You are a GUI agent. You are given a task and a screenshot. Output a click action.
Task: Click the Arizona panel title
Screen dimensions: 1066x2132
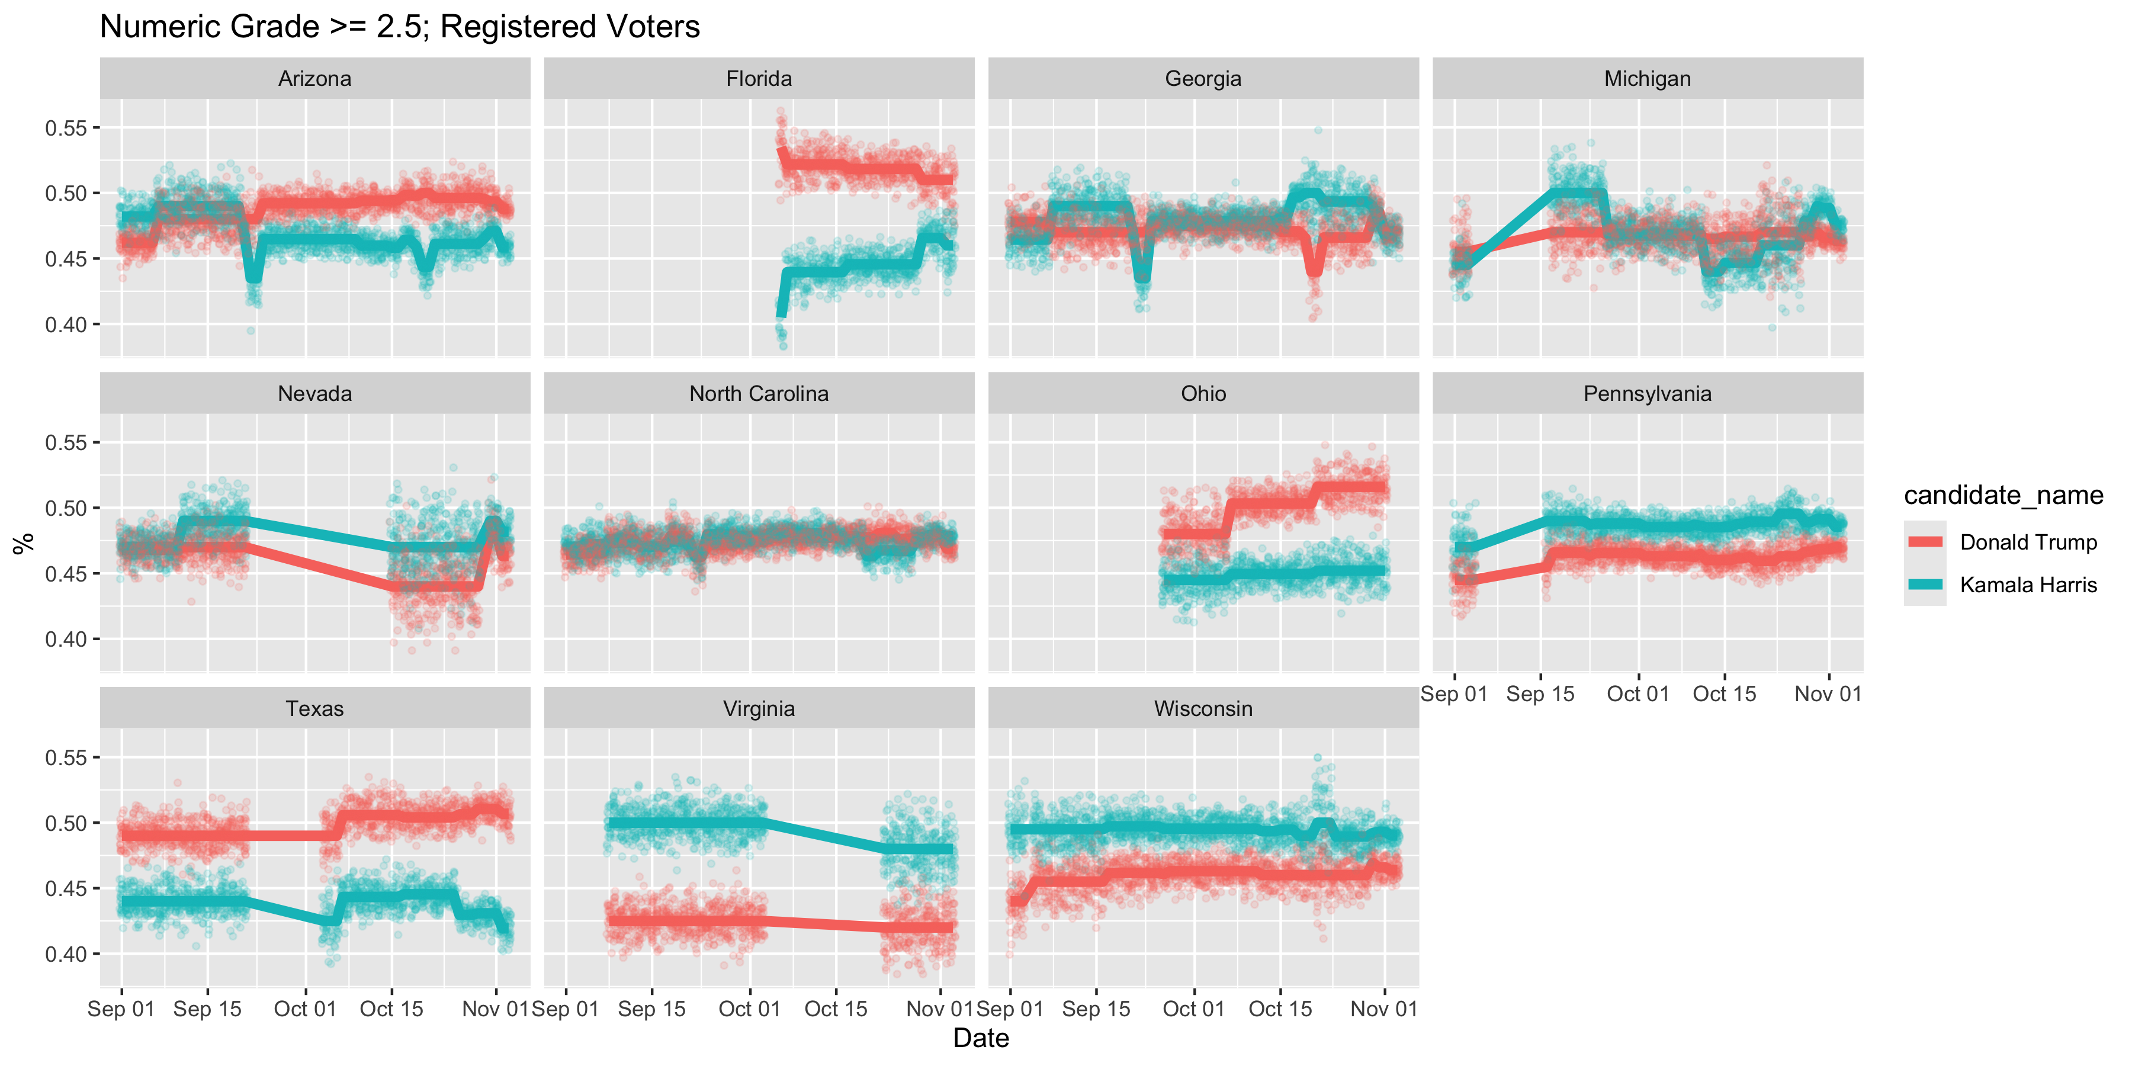pyautogui.click(x=314, y=79)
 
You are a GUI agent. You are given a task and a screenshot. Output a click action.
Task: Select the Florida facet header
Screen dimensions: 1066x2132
pyautogui.click(x=759, y=79)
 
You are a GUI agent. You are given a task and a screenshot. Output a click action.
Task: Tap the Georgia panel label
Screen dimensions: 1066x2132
pyautogui.click(x=1203, y=79)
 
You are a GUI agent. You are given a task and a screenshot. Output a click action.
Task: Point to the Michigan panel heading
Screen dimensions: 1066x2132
pyautogui.click(x=1647, y=79)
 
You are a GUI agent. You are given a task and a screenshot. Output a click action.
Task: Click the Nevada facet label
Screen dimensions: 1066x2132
pyautogui.click(x=314, y=393)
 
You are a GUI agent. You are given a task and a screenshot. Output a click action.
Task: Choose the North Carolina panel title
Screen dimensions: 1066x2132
pyautogui.click(x=759, y=393)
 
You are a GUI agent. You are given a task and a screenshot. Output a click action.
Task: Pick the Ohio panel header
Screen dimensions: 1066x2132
pyautogui.click(x=1203, y=393)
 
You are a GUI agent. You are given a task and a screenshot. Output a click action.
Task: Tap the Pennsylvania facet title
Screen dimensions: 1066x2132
pyautogui.click(x=1647, y=393)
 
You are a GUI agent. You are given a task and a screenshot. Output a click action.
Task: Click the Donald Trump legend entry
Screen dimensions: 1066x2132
pyautogui.click(x=2028, y=542)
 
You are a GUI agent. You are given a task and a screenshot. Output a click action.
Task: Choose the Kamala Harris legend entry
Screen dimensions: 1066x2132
pyautogui.click(x=2028, y=585)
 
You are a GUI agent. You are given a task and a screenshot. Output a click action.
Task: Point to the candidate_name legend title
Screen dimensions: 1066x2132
pyautogui.click(x=2003, y=495)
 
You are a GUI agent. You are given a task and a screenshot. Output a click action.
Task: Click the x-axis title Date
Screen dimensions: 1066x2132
pyautogui.click(x=981, y=1038)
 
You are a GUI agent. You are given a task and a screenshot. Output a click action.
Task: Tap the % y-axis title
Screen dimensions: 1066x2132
pyautogui.click(x=23, y=543)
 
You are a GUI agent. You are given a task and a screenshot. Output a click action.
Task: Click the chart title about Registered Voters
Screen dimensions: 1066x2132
pyautogui.click(x=400, y=27)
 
